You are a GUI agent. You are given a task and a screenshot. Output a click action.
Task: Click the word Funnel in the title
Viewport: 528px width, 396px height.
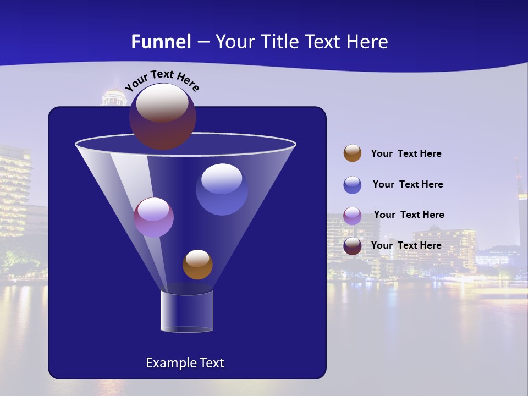pyautogui.click(x=161, y=42)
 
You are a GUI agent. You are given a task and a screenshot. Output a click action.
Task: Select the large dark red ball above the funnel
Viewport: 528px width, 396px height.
pyautogui.click(x=163, y=117)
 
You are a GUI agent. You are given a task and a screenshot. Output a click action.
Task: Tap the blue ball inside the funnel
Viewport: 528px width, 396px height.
pyautogui.click(x=222, y=189)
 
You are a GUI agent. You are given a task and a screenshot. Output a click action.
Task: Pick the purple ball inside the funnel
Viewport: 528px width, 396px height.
pyautogui.click(x=153, y=217)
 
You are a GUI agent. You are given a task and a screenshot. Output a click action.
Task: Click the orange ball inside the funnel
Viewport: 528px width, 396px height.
pyautogui.click(x=197, y=265)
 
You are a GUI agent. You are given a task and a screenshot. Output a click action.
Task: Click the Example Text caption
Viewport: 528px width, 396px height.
pyautogui.click(x=185, y=363)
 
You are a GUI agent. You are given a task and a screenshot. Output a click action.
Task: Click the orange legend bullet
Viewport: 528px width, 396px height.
pyautogui.click(x=353, y=153)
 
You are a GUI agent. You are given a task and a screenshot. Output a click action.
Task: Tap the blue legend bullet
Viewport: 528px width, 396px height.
pyautogui.click(x=353, y=185)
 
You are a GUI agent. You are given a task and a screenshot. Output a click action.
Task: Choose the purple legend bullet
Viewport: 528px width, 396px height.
pyautogui.click(x=353, y=216)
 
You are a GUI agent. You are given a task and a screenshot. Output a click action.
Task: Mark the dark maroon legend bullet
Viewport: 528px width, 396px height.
pyautogui.click(x=353, y=246)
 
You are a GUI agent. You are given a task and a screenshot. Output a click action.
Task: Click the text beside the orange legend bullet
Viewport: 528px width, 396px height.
pyautogui.click(x=406, y=154)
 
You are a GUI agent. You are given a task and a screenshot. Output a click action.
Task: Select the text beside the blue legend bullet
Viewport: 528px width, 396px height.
pyautogui.click(x=408, y=185)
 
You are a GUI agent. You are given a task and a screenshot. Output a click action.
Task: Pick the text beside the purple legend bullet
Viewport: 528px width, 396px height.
pyautogui.click(x=409, y=215)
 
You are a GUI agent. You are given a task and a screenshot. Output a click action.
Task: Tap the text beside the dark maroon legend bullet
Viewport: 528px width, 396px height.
pyautogui.click(x=406, y=246)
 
